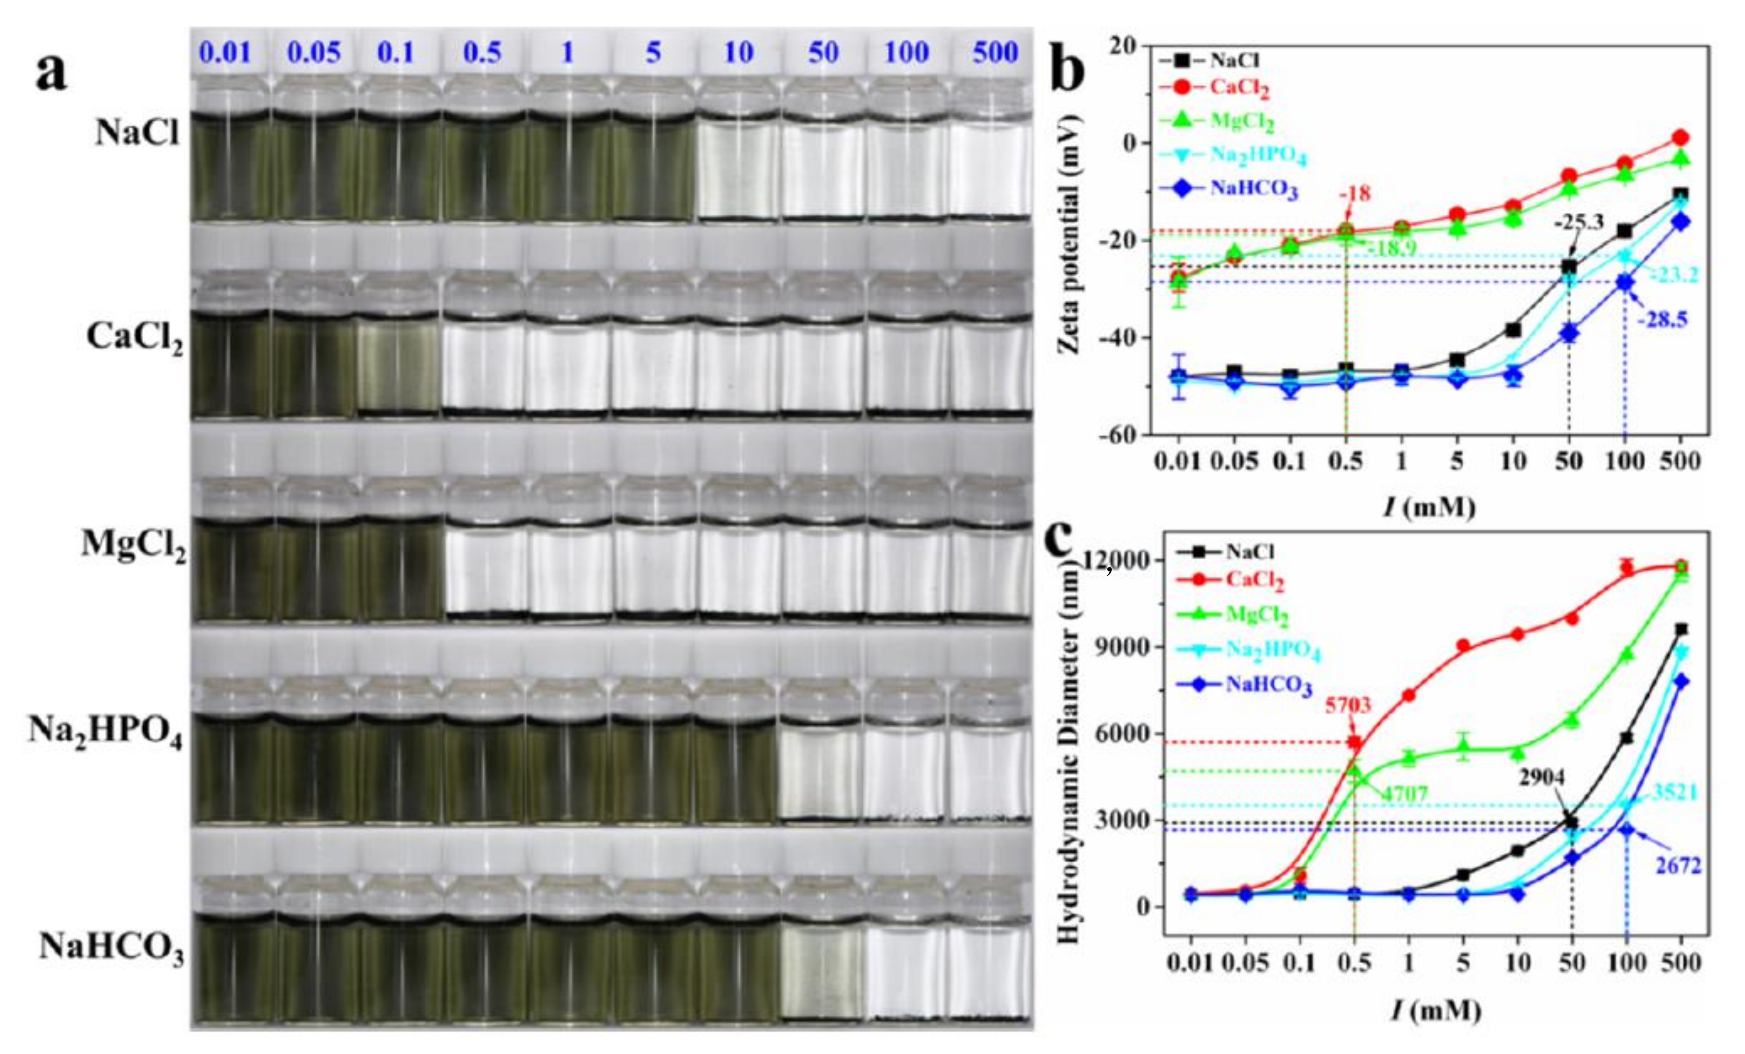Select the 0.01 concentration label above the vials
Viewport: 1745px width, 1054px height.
pos(224,53)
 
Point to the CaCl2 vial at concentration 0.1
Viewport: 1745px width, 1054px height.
pos(399,365)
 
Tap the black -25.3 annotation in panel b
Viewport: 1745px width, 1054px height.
pos(1579,222)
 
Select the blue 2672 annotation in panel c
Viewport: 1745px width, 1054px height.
pos(1678,865)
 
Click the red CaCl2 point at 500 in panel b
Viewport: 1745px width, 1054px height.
pos(1680,138)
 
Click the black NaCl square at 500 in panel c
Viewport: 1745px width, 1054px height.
pos(1680,629)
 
